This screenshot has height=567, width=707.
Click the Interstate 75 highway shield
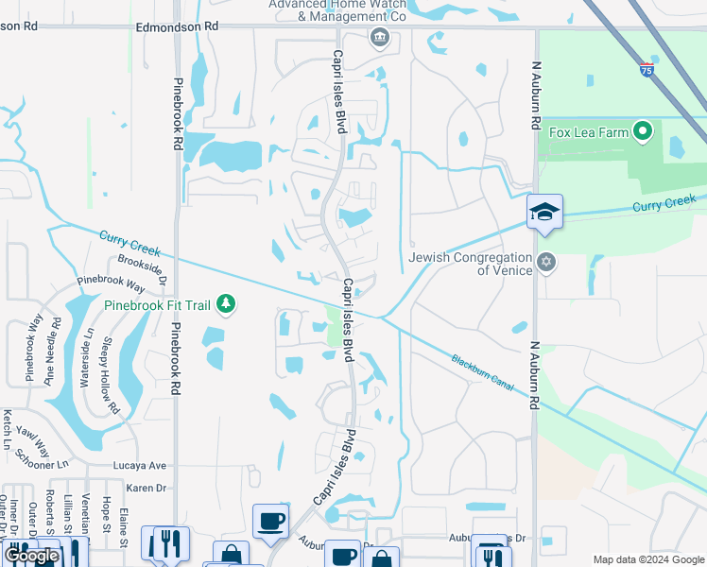[646, 69]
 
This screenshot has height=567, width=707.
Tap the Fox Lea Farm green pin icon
[643, 131]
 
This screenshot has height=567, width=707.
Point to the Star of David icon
[544, 261]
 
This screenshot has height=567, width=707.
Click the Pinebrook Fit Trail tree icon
[225, 303]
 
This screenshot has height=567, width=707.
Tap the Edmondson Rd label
[177, 27]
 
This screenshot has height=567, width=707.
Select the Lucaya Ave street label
[139, 466]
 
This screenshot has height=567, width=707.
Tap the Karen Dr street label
[147, 488]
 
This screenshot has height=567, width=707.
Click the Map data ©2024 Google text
[648, 559]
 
